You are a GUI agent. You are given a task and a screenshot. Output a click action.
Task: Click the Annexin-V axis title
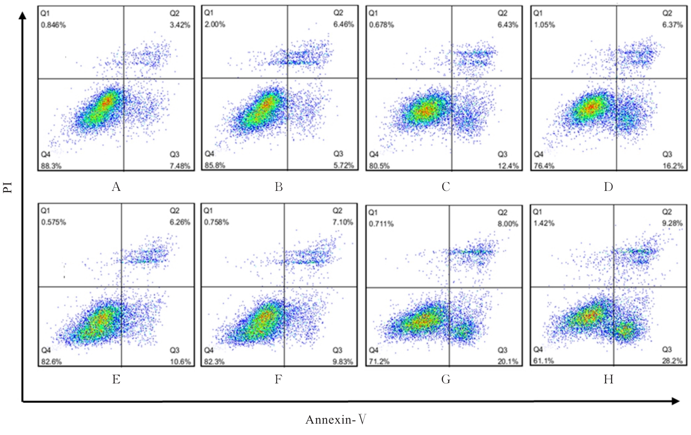tap(336, 420)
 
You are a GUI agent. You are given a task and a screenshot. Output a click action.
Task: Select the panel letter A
tap(116, 186)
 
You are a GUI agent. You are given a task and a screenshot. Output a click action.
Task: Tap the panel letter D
tap(608, 186)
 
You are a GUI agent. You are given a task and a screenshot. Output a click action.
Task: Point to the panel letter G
tap(446, 379)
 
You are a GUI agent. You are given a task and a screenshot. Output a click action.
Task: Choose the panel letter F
tap(278, 379)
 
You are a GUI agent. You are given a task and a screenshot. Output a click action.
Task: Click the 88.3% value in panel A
tap(51, 166)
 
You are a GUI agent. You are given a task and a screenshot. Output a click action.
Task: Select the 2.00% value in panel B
tap(215, 24)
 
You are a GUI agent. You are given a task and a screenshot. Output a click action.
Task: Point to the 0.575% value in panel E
tap(53, 222)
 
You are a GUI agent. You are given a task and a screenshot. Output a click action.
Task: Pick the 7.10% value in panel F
tap(343, 222)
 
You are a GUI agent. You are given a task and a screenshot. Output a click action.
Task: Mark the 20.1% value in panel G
tap(508, 361)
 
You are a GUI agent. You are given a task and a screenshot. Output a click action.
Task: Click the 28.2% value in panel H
tap(673, 361)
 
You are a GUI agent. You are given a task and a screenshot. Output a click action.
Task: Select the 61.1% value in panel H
tap(543, 361)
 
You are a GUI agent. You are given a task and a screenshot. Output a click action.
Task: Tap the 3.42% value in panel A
tap(180, 25)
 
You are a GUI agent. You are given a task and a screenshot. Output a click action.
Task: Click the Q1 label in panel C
tap(373, 13)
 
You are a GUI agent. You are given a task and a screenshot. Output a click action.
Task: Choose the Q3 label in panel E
tap(175, 350)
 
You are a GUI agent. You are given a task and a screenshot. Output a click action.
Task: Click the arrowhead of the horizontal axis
tap(676, 401)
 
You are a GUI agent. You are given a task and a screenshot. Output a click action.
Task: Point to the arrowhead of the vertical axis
tap(23, 15)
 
